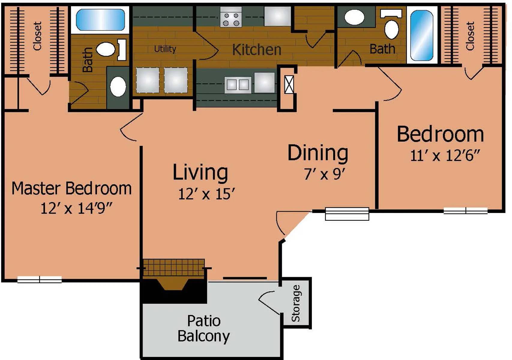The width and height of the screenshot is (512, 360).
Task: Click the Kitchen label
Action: tap(257, 50)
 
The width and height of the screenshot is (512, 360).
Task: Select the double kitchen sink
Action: tap(238, 85)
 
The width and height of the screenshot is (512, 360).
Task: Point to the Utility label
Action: tap(165, 49)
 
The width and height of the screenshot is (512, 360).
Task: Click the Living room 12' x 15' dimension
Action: tap(206, 194)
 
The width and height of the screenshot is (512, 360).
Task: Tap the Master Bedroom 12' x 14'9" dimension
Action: tap(76, 208)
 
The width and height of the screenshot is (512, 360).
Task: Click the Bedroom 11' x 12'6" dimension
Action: tap(444, 156)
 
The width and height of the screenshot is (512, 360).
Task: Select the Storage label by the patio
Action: tap(296, 303)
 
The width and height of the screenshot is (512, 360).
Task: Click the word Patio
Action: tap(204, 321)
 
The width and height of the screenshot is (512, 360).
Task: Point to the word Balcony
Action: tap(204, 337)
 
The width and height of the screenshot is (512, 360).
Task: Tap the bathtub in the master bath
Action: tap(100, 20)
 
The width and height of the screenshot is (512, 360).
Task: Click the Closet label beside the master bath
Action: tap(37, 36)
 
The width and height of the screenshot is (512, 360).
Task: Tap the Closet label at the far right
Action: tap(470, 36)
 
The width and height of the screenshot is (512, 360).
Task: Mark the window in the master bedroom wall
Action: tap(40, 279)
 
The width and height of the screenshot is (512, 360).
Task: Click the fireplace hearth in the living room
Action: tap(173, 267)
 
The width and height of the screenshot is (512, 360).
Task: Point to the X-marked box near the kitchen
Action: tap(289, 85)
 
